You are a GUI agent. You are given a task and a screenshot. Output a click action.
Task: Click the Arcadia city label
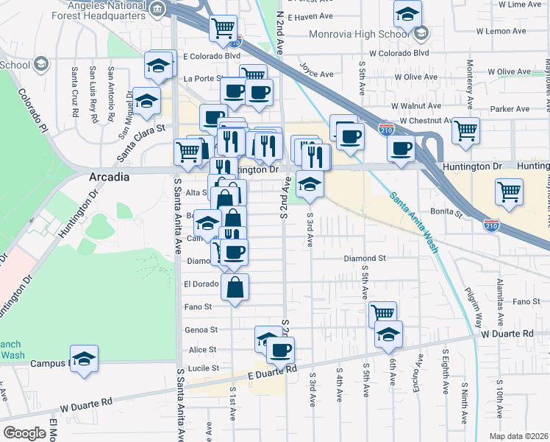click(x=109, y=178)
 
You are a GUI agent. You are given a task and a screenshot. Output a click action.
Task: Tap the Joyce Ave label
click(x=314, y=70)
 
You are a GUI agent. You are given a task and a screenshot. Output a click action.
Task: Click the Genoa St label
click(x=204, y=330)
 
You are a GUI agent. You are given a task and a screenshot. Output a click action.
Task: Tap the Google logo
click(x=24, y=433)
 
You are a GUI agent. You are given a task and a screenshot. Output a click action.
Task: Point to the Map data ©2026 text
click(x=519, y=436)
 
